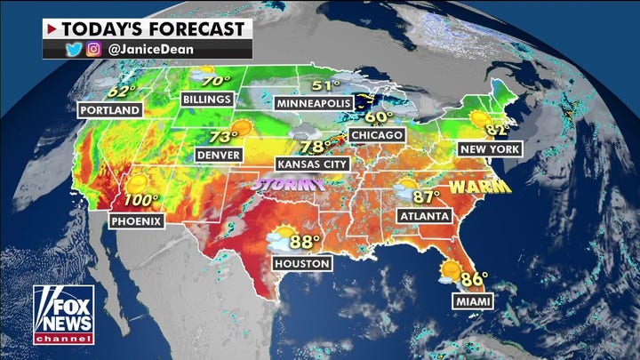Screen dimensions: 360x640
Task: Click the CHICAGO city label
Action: tap(377, 135)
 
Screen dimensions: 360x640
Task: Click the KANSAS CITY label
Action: tap(313, 164)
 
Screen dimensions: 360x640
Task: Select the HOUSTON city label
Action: tap(303, 263)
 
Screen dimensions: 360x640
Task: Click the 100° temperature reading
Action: tap(141, 201)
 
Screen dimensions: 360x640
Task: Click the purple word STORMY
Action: tap(289, 184)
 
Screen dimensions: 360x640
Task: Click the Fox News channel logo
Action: tap(63, 315)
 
